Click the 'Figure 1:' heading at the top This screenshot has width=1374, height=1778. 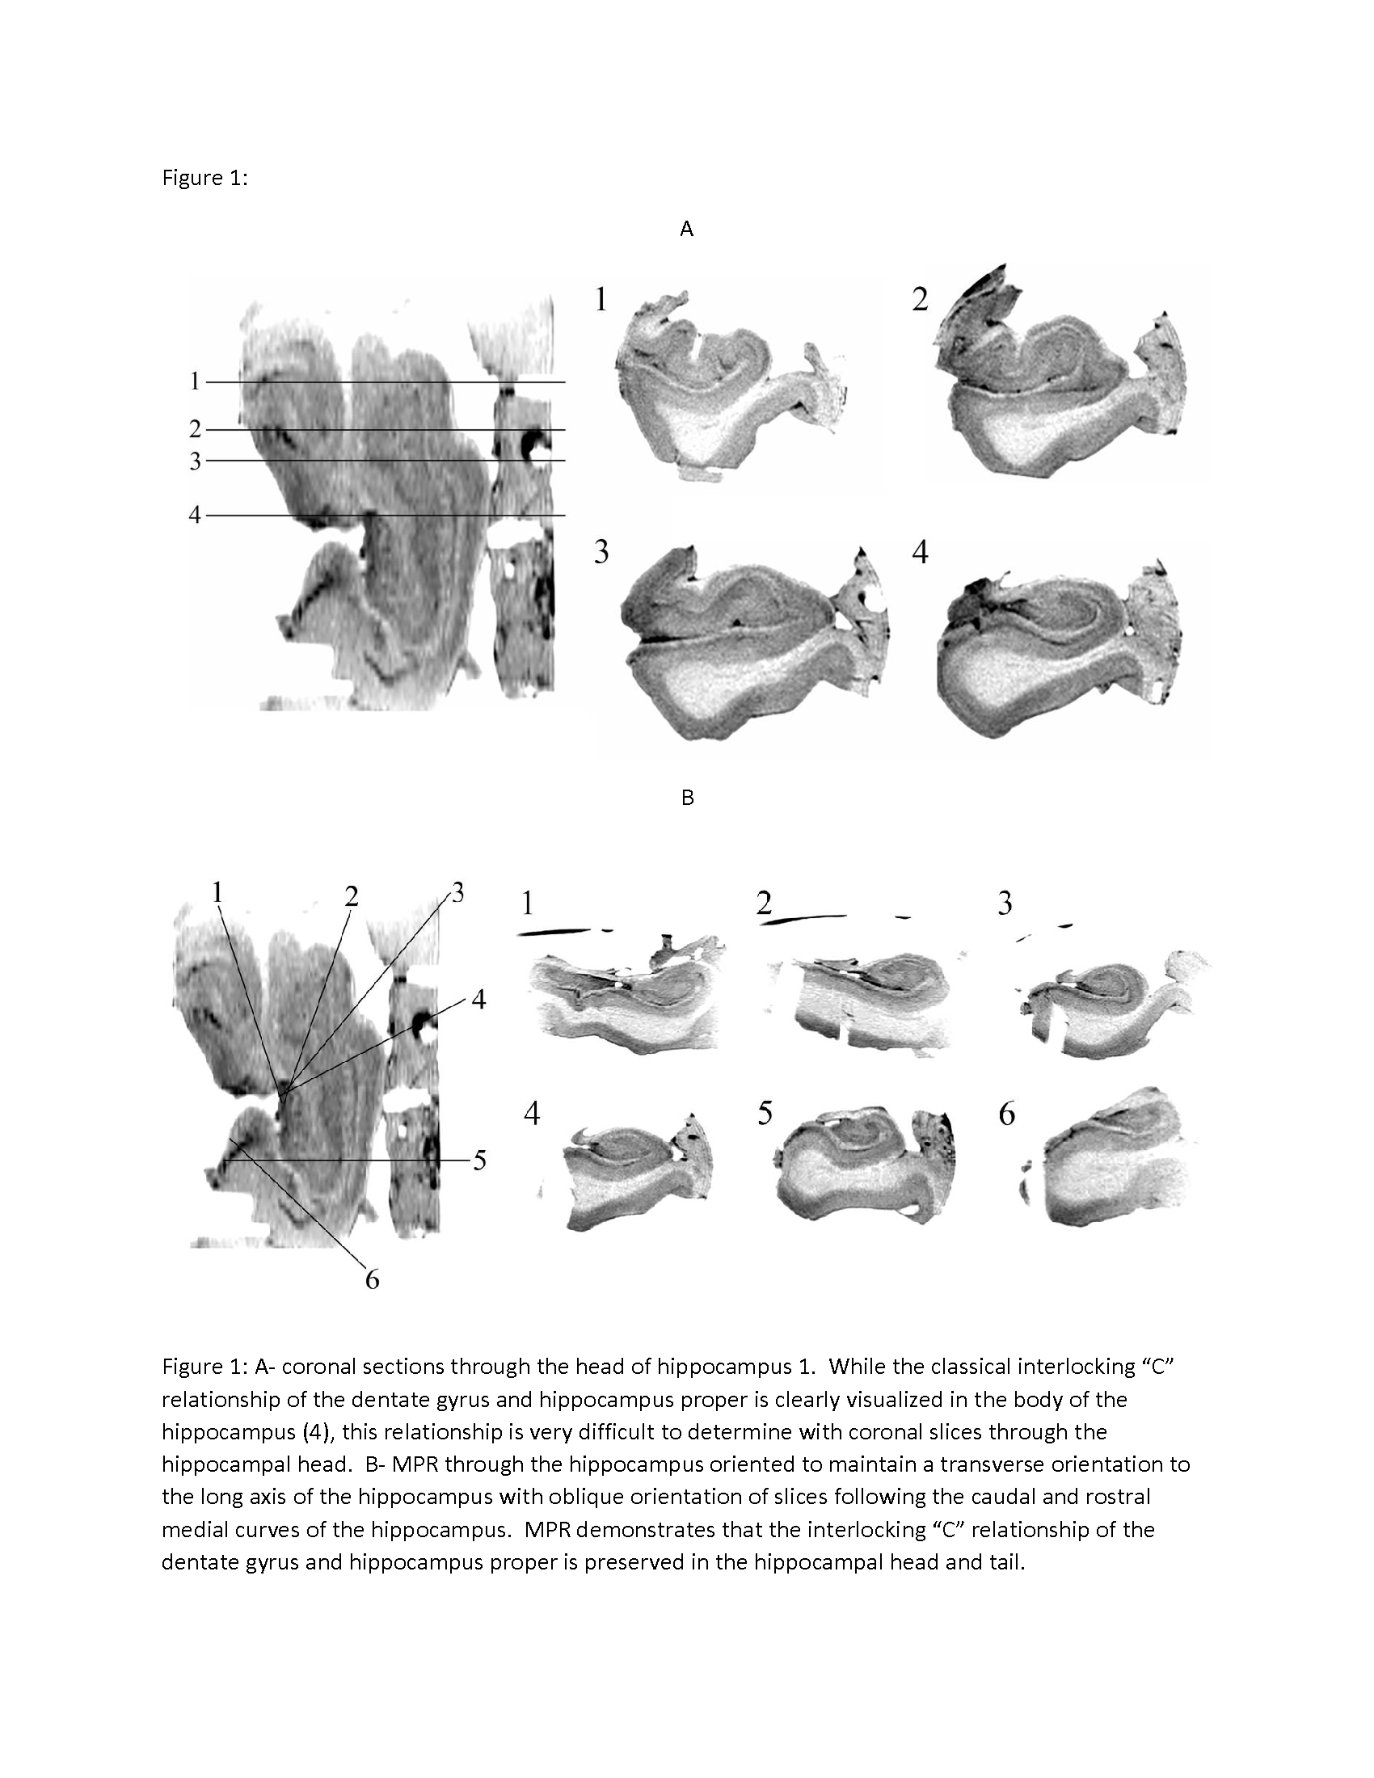[204, 179]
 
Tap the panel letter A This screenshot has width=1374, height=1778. [687, 230]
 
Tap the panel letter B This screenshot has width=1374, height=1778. [687, 798]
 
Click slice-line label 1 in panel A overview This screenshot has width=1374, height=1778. [195, 381]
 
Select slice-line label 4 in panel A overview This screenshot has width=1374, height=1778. [195, 515]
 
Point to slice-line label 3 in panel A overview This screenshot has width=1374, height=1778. [195, 461]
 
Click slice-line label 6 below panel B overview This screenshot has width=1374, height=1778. [372, 1280]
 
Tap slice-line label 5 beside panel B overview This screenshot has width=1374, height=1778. [479, 1161]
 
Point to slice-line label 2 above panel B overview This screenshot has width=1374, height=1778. [351, 896]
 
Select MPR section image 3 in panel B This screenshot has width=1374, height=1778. [1107, 1005]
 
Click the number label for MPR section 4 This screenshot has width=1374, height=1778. [532, 1114]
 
